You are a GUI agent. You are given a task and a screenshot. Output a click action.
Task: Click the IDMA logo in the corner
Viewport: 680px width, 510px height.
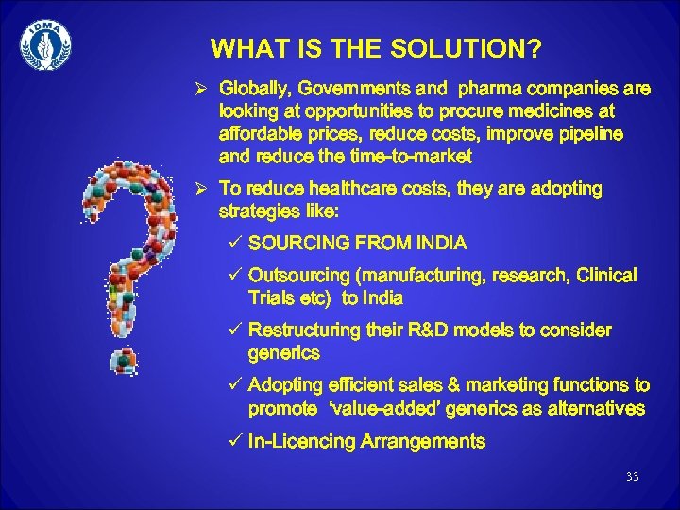pyautogui.click(x=44, y=44)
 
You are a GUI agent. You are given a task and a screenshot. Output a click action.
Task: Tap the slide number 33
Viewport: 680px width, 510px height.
pyautogui.click(x=632, y=477)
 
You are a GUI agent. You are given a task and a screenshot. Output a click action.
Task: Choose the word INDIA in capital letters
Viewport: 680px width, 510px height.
pyautogui.click(x=436, y=244)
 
